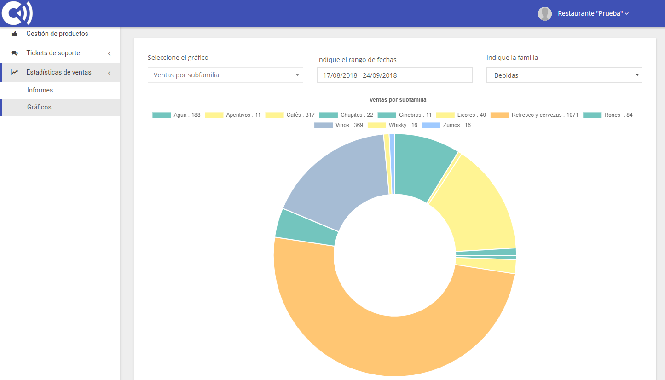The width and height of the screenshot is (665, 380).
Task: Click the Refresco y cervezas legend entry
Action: click(x=534, y=115)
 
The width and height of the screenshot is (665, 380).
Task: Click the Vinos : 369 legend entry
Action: click(x=339, y=125)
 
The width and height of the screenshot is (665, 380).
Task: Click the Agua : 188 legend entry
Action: click(x=176, y=115)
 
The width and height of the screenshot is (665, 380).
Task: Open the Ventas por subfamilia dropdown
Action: click(x=225, y=75)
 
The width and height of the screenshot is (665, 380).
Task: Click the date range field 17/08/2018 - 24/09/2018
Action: click(x=394, y=75)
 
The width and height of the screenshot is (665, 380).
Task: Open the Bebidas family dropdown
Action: click(x=564, y=75)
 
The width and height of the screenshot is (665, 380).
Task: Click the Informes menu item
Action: click(x=40, y=90)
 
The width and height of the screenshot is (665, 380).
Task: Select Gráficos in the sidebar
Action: click(x=39, y=107)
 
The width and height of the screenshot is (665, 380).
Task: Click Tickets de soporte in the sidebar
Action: click(x=53, y=53)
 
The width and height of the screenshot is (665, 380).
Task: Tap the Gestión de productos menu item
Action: click(x=57, y=34)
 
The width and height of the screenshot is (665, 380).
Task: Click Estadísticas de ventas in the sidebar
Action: click(x=59, y=72)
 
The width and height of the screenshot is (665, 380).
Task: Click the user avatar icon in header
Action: click(x=545, y=14)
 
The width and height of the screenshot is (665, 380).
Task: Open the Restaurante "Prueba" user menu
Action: click(x=593, y=14)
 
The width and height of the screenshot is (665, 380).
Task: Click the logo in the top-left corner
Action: click(x=17, y=13)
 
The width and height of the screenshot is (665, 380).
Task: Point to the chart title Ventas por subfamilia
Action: click(x=398, y=100)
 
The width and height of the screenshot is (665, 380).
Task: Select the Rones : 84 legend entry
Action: click(x=607, y=115)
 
